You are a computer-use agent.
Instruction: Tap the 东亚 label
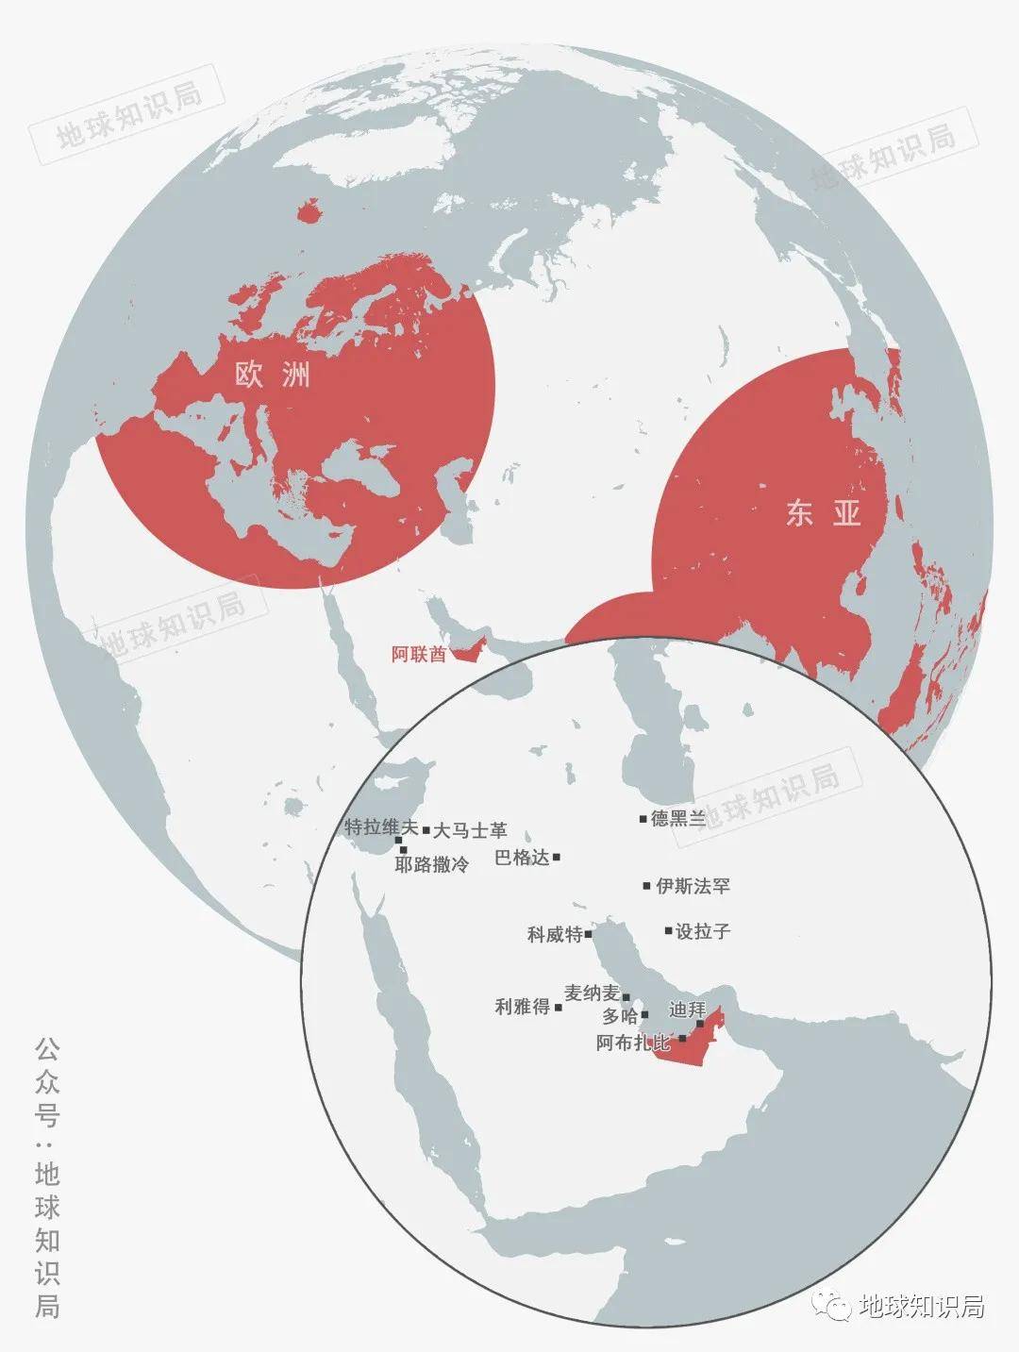823,513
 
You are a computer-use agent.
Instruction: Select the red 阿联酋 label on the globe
418,654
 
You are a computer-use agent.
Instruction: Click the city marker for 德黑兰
643,818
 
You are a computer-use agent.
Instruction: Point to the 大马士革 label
470,830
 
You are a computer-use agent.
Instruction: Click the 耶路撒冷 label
431,864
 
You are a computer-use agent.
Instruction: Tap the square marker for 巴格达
557,857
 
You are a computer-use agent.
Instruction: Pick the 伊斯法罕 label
693,886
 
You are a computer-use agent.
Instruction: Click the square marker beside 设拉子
668,931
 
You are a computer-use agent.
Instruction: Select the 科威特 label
555,935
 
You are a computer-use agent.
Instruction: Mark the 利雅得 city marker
559,1008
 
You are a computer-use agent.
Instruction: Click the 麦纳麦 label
592,993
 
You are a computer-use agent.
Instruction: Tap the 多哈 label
620,1016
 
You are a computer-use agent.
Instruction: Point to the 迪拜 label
686,1009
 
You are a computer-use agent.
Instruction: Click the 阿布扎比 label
633,1043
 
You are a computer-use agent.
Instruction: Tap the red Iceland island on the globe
309,209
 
